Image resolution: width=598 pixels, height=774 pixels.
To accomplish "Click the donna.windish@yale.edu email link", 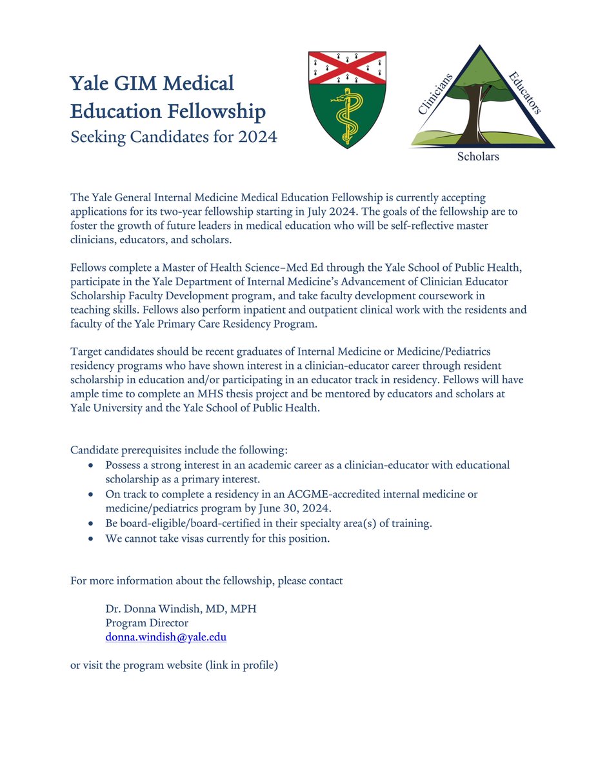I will point(166,637).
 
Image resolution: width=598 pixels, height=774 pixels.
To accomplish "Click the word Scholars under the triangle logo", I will point(477,156).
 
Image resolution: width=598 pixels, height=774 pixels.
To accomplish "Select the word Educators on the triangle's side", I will point(524,93).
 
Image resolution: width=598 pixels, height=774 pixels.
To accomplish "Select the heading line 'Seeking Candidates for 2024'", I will point(174,137).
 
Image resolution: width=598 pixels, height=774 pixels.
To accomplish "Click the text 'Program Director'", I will point(146,622).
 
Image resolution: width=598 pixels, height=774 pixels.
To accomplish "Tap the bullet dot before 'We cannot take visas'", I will point(92,539).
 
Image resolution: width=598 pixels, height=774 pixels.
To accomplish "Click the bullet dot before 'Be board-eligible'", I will point(92,524).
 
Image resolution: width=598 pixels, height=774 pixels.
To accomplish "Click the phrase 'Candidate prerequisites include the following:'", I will point(179,449).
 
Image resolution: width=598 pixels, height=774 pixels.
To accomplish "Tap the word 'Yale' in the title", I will point(90,84).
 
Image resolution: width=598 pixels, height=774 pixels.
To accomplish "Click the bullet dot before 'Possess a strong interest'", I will point(92,465).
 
